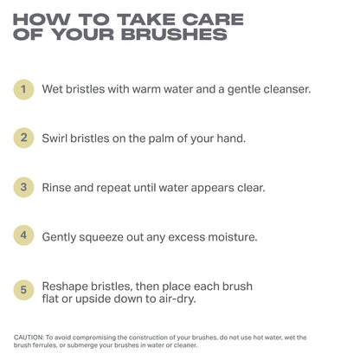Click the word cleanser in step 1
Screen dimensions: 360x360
(x=284, y=88)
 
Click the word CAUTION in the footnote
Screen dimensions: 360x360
(x=32, y=337)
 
